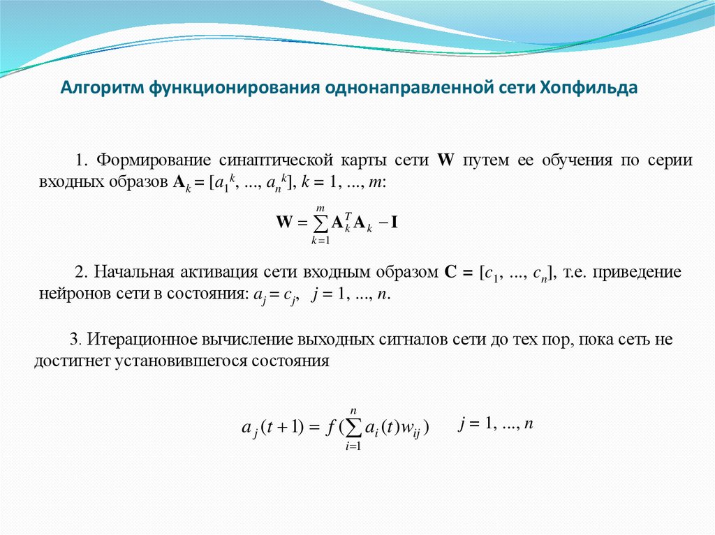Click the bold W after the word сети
pyautogui.click(x=445, y=160)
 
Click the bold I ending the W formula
pyautogui.click(x=395, y=223)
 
